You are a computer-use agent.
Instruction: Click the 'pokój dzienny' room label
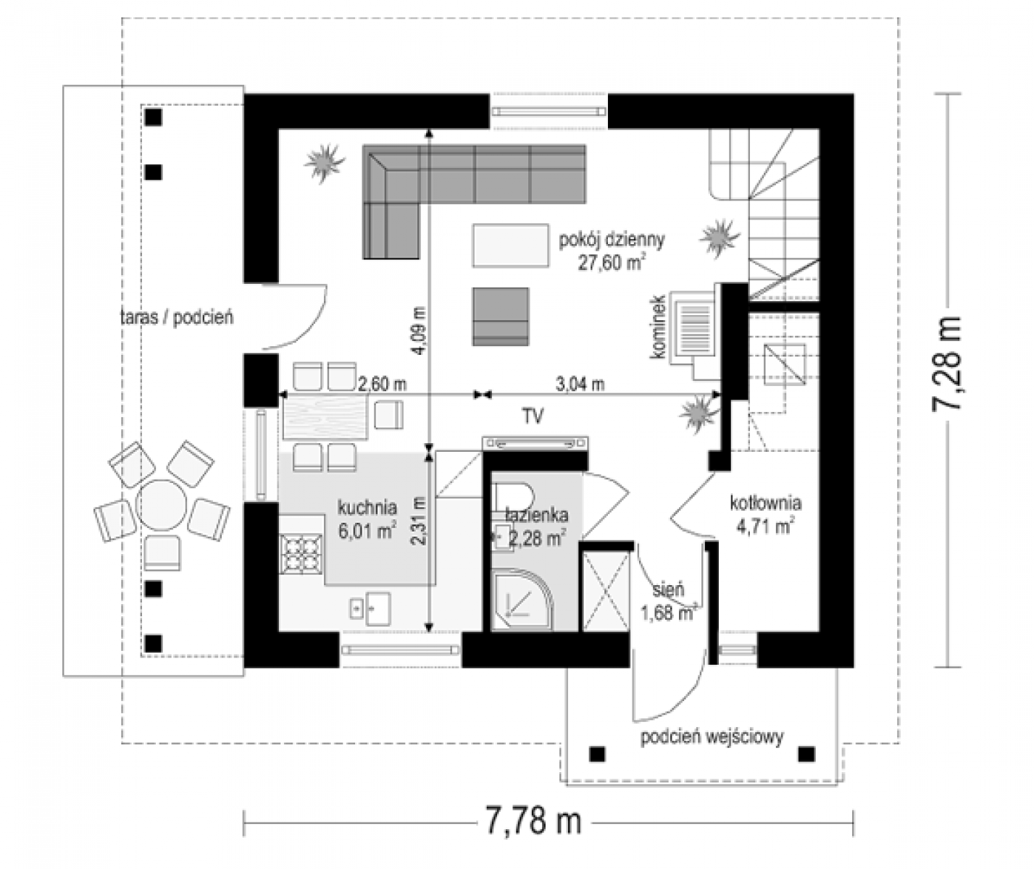612,240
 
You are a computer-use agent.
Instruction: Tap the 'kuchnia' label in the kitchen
367,507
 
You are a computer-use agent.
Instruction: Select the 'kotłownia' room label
766,503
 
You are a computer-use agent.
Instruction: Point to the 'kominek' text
658,327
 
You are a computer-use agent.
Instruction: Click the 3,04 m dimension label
580,384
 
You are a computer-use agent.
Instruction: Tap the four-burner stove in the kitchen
301,553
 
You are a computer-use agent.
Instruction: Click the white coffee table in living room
511,245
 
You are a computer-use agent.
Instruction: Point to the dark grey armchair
501,316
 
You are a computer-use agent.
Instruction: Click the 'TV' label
533,416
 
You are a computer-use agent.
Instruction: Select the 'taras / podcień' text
177,317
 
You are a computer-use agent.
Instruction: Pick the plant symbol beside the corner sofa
324,162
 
